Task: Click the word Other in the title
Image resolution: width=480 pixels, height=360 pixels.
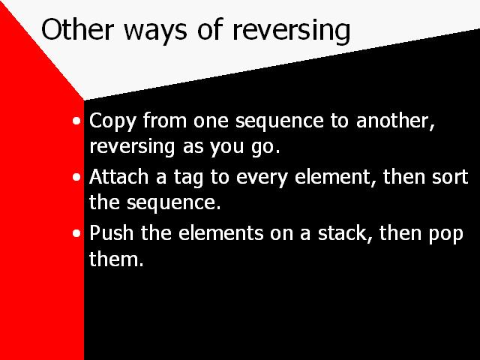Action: coord(77,29)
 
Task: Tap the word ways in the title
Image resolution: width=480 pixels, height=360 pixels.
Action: coord(155,32)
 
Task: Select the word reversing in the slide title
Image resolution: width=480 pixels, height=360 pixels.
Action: coord(291,31)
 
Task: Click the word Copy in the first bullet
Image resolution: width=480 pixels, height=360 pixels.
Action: coord(112,121)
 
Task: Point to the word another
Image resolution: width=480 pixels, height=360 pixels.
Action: coord(395,120)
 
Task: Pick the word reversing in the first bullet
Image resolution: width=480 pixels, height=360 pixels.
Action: coord(132,147)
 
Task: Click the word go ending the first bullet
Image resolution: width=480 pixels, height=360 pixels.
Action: coord(265,148)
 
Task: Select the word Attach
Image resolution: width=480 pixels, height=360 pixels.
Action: coord(118,177)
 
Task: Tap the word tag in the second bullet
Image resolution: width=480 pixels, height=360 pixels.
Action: coord(188,178)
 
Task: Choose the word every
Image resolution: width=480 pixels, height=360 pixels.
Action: coord(262,178)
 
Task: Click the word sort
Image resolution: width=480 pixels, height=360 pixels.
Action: coord(450,177)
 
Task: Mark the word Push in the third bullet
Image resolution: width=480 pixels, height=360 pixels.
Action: coord(112,232)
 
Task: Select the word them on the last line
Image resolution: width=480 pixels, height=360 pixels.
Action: coord(116,259)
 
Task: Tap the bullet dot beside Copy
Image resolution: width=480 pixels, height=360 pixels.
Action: coord(76,121)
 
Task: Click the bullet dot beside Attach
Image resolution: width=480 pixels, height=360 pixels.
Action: coord(76,177)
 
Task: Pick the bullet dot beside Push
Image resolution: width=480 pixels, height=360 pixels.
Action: coord(76,233)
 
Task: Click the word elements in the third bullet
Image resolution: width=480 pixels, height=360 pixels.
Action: coord(220,233)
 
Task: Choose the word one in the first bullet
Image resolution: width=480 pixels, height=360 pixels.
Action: coord(211,121)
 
